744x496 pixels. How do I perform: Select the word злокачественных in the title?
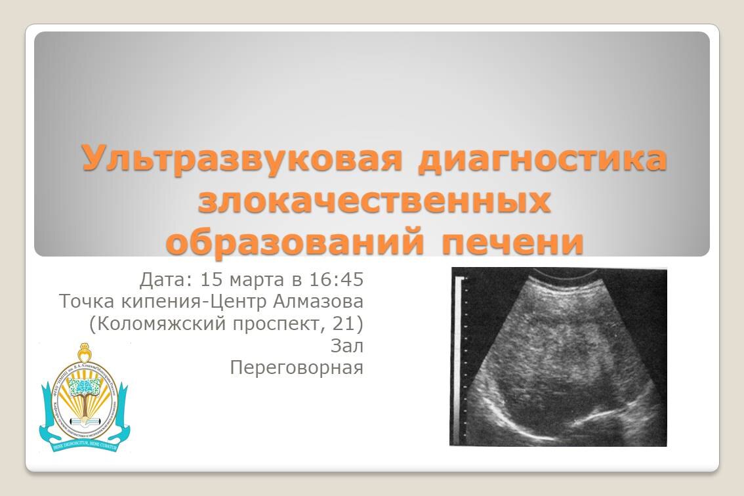(x=374, y=201)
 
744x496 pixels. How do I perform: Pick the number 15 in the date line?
(x=213, y=280)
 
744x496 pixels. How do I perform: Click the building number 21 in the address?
(x=342, y=323)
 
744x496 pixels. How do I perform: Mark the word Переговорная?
(x=297, y=368)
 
